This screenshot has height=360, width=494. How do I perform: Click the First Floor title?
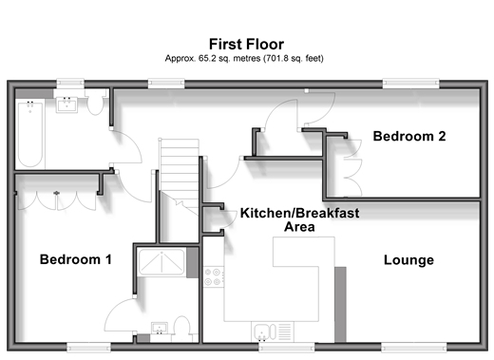tap(246, 45)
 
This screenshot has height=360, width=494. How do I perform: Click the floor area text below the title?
tap(244, 59)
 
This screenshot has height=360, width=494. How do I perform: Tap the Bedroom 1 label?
tap(76, 259)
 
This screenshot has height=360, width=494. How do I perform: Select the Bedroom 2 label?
tap(409, 137)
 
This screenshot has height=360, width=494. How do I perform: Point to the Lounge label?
tap(408, 260)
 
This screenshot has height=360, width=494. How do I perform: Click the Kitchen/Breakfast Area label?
tap(299, 219)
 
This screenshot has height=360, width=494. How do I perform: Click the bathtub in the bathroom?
tap(30, 134)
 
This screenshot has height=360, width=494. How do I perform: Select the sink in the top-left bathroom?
tap(66, 104)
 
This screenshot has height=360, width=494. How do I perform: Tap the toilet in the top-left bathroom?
tap(95, 102)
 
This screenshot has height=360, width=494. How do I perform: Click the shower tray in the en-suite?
tap(161, 262)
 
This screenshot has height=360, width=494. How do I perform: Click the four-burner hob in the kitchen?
tap(213, 276)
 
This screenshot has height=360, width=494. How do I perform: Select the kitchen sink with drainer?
tap(273, 332)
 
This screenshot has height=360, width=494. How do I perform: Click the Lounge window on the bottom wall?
tap(413, 348)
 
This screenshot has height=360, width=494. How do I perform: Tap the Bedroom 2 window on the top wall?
tap(410, 84)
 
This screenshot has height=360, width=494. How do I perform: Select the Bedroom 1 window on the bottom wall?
tap(89, 348)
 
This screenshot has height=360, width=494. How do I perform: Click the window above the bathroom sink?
tap(70, 84)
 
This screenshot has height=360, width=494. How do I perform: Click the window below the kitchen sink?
tap(287, 348)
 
